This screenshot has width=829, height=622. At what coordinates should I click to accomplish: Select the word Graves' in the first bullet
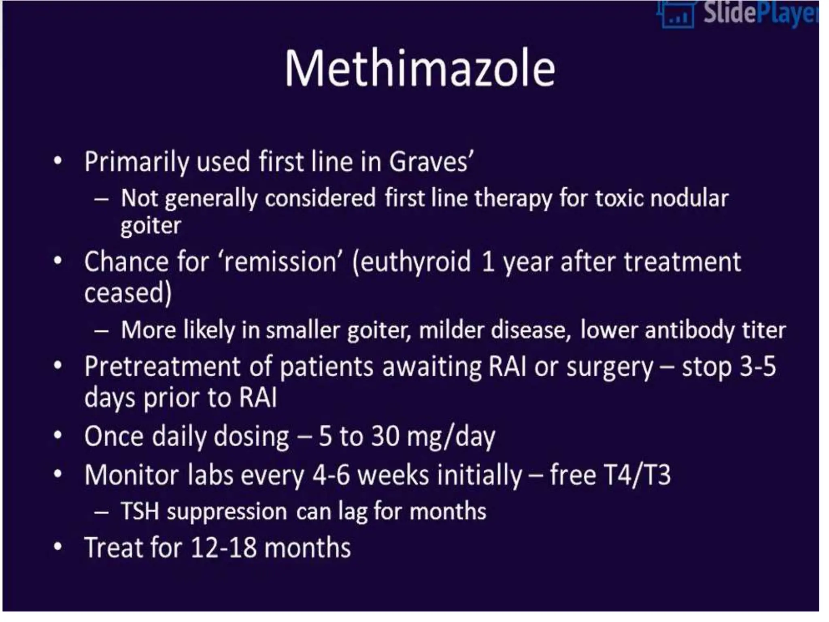(431, 162)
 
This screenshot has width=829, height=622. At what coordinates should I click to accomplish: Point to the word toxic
(618, 198)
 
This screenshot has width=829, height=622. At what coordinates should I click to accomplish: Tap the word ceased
(128, 292)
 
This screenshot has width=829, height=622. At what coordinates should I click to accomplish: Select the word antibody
(690, 330)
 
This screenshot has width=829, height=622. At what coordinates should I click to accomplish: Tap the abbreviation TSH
(140, 511)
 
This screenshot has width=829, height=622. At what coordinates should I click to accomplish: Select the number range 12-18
(223, 547)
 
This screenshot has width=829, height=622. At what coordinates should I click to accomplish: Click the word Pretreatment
(162, 367)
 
